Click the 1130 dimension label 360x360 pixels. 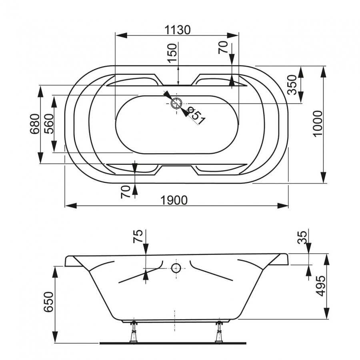pos(178,30)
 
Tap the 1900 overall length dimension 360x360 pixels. pos(174,200)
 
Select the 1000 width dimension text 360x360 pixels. pos(318,124)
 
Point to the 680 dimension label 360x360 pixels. pos(35,124)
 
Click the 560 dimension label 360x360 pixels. pos(49,124)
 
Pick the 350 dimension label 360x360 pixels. pos(292,85)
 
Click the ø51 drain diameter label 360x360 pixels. pos(196,116)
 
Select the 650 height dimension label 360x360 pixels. pos(49,302)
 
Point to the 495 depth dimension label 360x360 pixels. pos(320,286)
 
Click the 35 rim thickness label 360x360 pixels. pos(302,237)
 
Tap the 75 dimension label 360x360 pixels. pos(138,236)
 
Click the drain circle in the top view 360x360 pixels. pos(176,103)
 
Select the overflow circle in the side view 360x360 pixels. pos(176,268)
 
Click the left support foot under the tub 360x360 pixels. pos(133,333)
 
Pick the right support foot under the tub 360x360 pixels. pos(219,333)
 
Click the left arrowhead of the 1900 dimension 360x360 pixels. pos(71,206)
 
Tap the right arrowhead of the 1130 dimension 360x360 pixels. pos(232,35)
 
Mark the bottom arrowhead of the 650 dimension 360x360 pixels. pos(55,338)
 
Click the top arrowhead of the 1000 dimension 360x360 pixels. pos(323,72)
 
